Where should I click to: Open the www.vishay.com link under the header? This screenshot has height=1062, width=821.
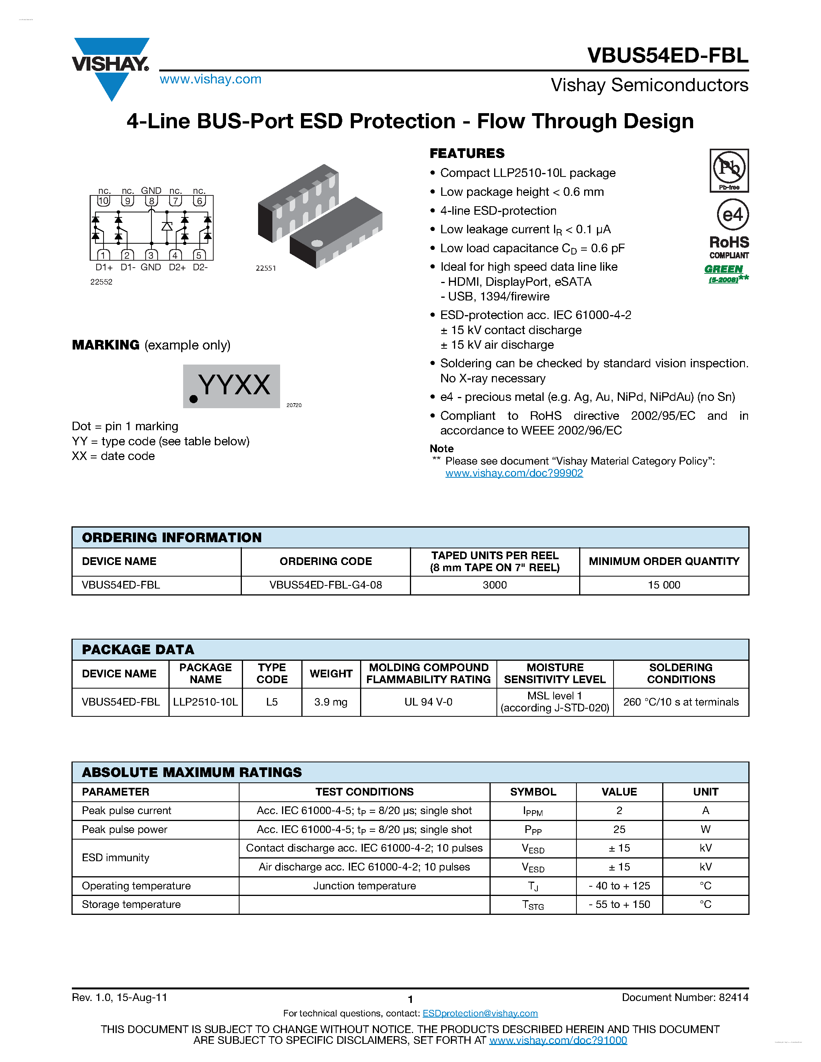coord(210,79)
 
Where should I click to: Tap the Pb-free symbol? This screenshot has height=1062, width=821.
coord(729,170)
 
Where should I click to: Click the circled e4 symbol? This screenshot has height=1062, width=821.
coord(733,214)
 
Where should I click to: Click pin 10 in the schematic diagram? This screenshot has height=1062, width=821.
coord(104,201)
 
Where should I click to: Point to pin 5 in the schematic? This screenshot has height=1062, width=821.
coord(199,255)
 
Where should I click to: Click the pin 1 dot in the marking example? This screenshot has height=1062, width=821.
coord(194,399)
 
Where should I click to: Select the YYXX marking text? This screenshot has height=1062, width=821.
coord(235,385)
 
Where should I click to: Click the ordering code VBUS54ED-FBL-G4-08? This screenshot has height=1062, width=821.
coord(325,585)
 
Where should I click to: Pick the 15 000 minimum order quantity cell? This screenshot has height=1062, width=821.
coord(663,585)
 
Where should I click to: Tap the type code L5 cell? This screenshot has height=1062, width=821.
coord(272,702)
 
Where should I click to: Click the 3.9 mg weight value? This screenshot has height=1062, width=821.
coord(331,702)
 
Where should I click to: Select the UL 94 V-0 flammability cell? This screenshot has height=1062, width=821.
coord(428,702)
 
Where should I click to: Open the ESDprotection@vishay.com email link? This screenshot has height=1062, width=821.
coord(480,1013)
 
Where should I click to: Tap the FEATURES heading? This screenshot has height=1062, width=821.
coord(467,154)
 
